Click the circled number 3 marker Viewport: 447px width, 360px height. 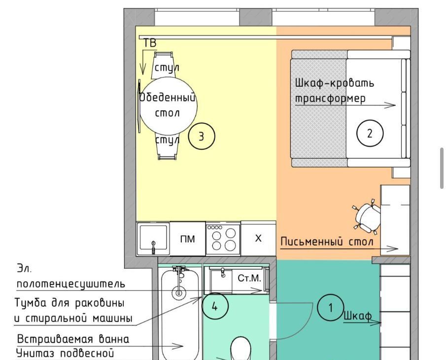202,136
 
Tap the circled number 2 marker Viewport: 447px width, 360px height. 370,133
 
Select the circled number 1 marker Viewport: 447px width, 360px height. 331,308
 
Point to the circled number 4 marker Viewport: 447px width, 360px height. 215,306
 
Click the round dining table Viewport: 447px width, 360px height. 169,106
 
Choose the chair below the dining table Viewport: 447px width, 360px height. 167,147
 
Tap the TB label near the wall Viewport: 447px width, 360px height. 150,43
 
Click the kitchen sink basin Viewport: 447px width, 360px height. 153,239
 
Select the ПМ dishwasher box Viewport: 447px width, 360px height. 188,239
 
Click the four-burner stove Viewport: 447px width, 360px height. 223,239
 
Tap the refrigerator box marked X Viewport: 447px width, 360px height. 258,238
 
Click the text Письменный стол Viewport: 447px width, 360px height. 327,242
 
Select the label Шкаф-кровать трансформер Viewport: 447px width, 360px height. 334,90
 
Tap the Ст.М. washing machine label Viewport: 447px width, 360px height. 249,278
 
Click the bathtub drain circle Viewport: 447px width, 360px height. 179,292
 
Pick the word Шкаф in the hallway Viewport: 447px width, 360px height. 357,316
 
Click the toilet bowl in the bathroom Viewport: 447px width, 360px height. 241,349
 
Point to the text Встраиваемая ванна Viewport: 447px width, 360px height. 73,339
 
